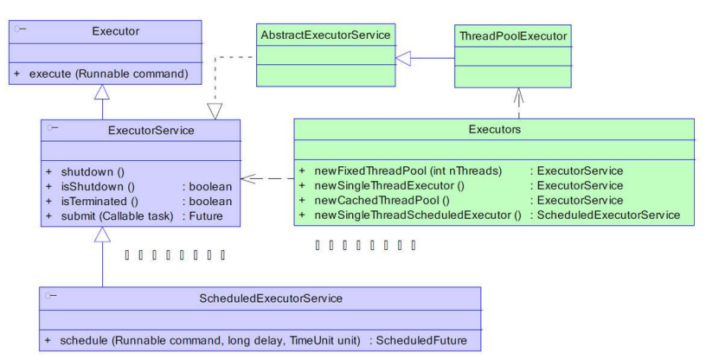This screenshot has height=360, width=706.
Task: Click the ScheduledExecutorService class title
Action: (270, 299)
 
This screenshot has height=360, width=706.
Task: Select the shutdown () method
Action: (89, 171)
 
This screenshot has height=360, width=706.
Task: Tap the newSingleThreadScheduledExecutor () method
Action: (415, 215)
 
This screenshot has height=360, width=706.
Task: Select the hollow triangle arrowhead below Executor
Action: (103, 93)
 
